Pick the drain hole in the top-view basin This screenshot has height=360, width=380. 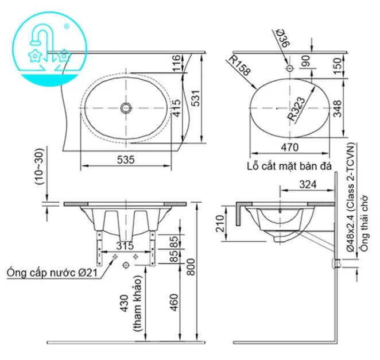click(x=126, y=107)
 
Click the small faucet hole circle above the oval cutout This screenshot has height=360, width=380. click(x=289, y=68)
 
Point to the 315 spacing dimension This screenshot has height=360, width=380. click(x=126, y=246)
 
